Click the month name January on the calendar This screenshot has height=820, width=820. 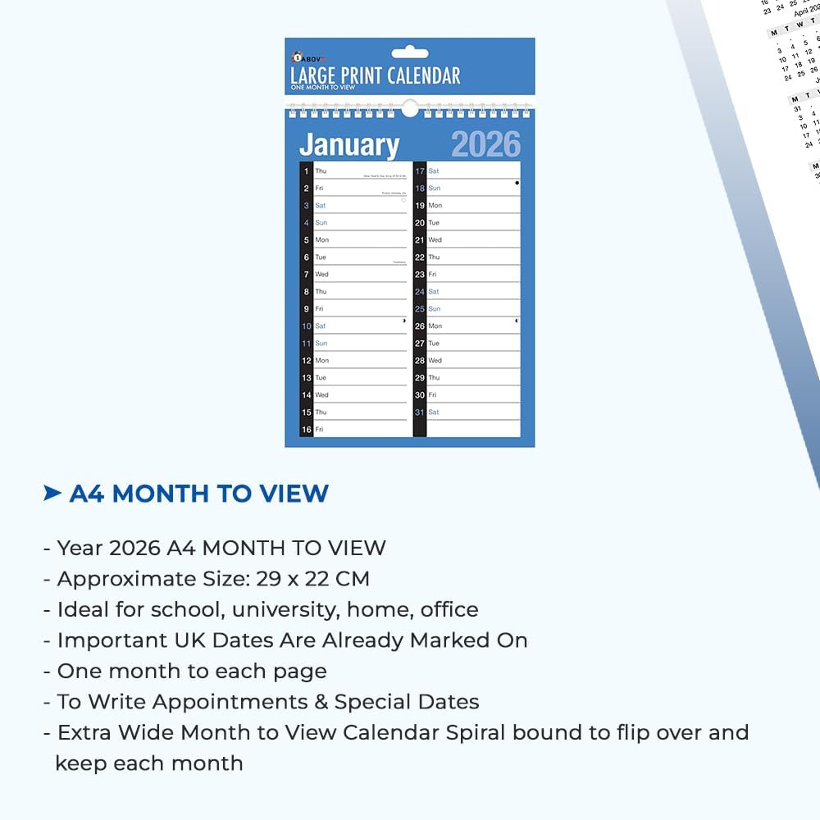(349, 145)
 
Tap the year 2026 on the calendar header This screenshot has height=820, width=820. (485, 145)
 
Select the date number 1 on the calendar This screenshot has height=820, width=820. (307, 171)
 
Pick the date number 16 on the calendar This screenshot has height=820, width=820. (307, 430)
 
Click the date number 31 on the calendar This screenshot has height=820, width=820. (420, 412)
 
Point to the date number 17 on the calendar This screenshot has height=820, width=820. (420, 171)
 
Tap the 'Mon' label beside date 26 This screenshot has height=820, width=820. (435, 326)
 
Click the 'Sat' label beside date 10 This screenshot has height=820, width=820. (321, 326)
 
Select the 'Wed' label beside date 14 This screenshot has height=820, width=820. (321, 395)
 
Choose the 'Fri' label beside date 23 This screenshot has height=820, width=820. (432, 275)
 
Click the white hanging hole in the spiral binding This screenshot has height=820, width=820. (410, 108)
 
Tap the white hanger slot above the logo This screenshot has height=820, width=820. (410, 53)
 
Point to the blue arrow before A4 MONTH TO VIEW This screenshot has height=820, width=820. (52, 493)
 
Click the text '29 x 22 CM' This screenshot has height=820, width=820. (312, 579)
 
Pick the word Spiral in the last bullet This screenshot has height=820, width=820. (477, 732)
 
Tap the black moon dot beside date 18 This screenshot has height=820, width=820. (517, 183)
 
